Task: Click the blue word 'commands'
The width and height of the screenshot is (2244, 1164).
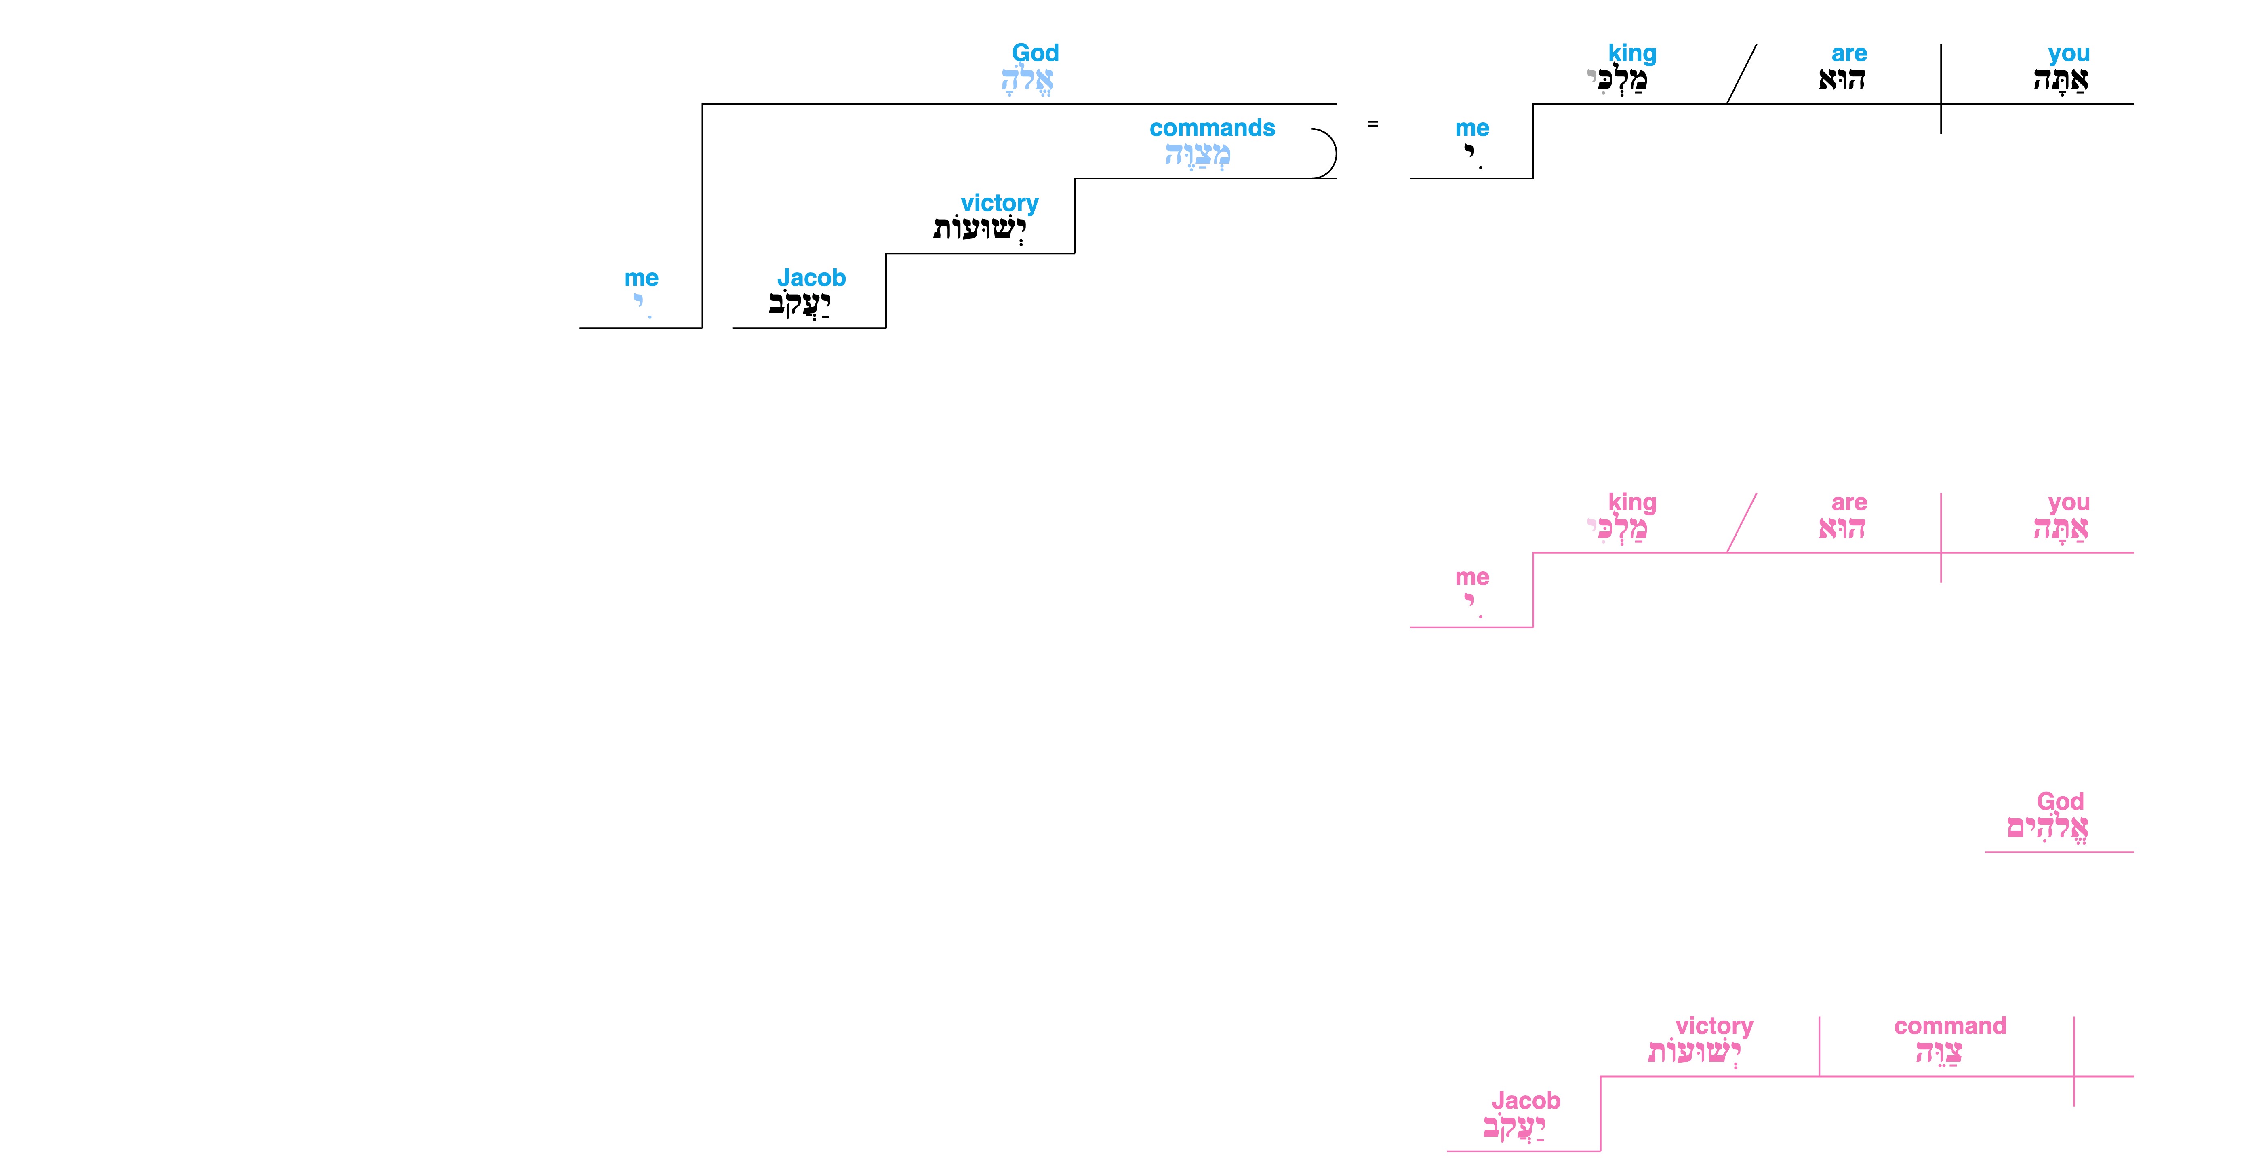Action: (1212, 128)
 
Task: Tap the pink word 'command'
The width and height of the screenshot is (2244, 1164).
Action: (1949, 1026)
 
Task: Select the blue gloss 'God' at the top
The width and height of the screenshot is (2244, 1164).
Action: (1035, 53)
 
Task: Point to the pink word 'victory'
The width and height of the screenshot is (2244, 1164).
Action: (1714, 1026)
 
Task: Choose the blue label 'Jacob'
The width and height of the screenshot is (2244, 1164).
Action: (811, 278)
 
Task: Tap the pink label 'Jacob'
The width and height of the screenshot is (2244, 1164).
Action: (1525, 1101)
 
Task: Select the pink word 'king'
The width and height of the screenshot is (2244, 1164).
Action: (1631, 503)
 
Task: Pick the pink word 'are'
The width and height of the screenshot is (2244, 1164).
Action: (1848, 503)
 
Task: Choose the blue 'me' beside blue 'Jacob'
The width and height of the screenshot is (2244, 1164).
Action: (641, 278)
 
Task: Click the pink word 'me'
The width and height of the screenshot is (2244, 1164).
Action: (1472, 578)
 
